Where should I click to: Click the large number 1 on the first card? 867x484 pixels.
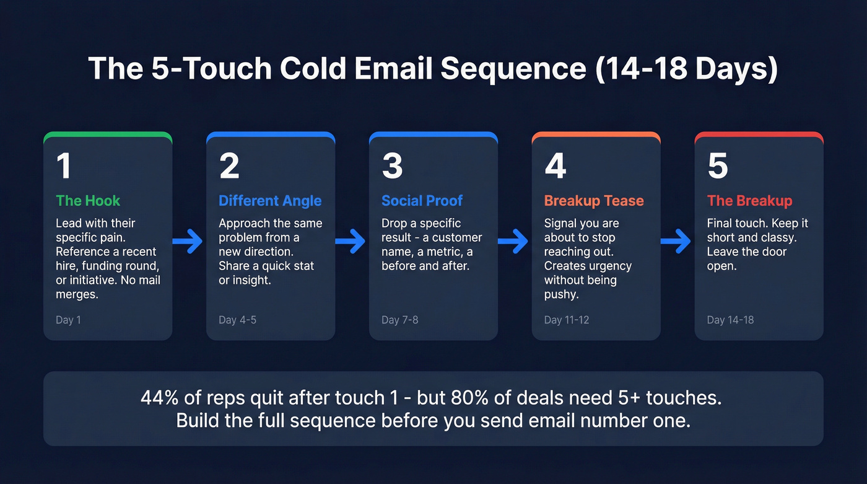tap(63, 166)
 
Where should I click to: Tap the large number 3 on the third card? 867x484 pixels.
tap(392, 166)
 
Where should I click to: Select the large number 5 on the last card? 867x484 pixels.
tap(718, 166)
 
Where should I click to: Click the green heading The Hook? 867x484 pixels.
tap(88, 201)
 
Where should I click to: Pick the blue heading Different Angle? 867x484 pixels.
tap(270, 201)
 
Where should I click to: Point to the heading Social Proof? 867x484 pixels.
tap(422, 201)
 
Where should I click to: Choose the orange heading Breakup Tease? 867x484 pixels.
tap(594, 201)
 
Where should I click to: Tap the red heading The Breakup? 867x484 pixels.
tap(749, 201)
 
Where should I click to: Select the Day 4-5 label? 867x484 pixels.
tap(237, 320)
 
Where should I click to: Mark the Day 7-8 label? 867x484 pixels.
tap(399, 320)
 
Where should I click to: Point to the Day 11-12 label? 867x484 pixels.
tap(566, 320)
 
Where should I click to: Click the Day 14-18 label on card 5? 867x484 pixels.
tap(730, 320)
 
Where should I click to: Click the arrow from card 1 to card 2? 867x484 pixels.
tap(188, 241)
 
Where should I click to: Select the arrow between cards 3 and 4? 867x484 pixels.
tap(513, 241)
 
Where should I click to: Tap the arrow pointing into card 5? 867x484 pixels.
tap(676, 241)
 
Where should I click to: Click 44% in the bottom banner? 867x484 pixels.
tap(158, 398)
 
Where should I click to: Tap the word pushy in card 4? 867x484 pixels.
tap(561, 294)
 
